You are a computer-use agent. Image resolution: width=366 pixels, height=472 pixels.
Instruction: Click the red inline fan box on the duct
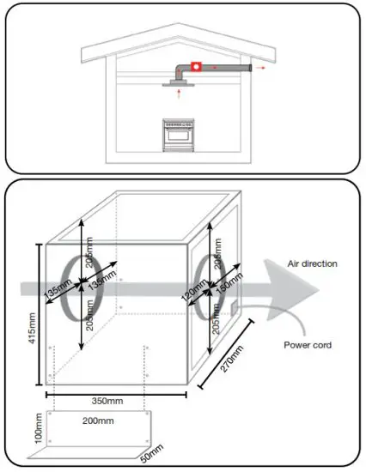196,66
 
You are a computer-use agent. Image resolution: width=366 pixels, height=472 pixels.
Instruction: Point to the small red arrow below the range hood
179,88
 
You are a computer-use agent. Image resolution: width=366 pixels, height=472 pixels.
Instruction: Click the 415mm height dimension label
33,316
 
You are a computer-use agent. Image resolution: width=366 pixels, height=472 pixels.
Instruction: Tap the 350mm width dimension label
114,401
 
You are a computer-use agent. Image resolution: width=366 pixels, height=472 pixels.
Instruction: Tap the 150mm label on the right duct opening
229,288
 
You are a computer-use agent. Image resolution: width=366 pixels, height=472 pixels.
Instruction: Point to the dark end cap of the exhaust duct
248,66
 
